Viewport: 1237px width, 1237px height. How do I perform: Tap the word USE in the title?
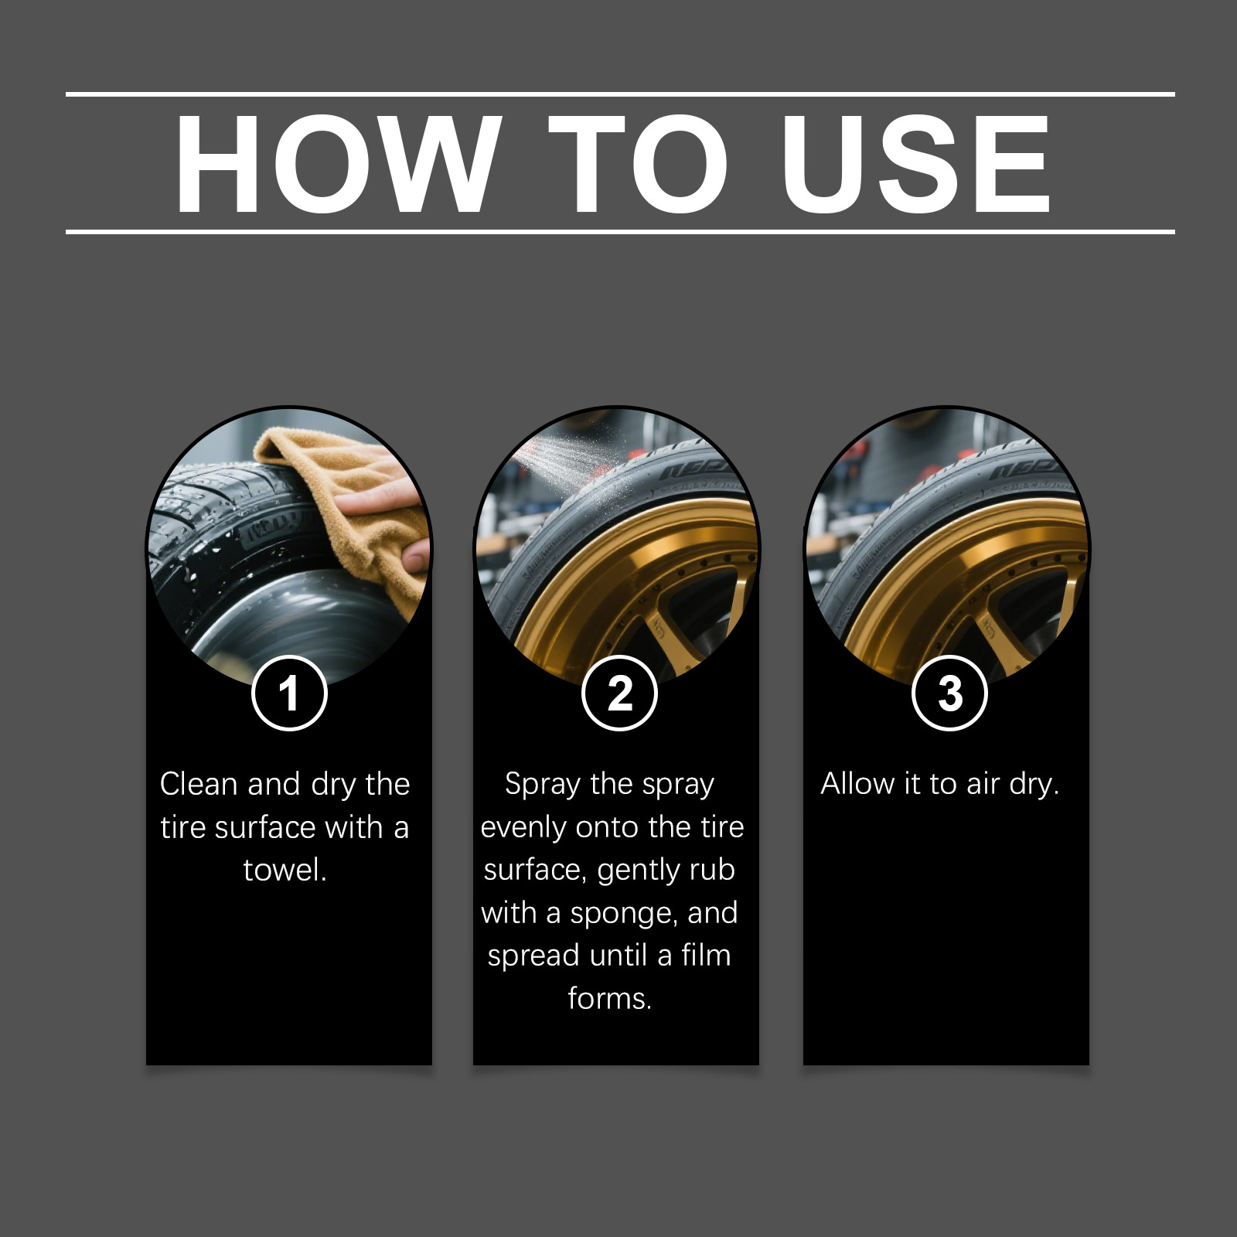pos(916,164)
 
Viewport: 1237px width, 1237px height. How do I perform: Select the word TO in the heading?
pos(639,164)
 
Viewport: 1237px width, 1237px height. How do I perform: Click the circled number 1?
pos(289,693)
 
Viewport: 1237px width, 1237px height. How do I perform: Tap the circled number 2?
pos(619,693)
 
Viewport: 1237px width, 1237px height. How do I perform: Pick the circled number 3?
pos(949,693)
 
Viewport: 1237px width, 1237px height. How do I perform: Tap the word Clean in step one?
pos(199,784)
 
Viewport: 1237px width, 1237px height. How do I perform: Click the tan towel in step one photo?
pos(363,495)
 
